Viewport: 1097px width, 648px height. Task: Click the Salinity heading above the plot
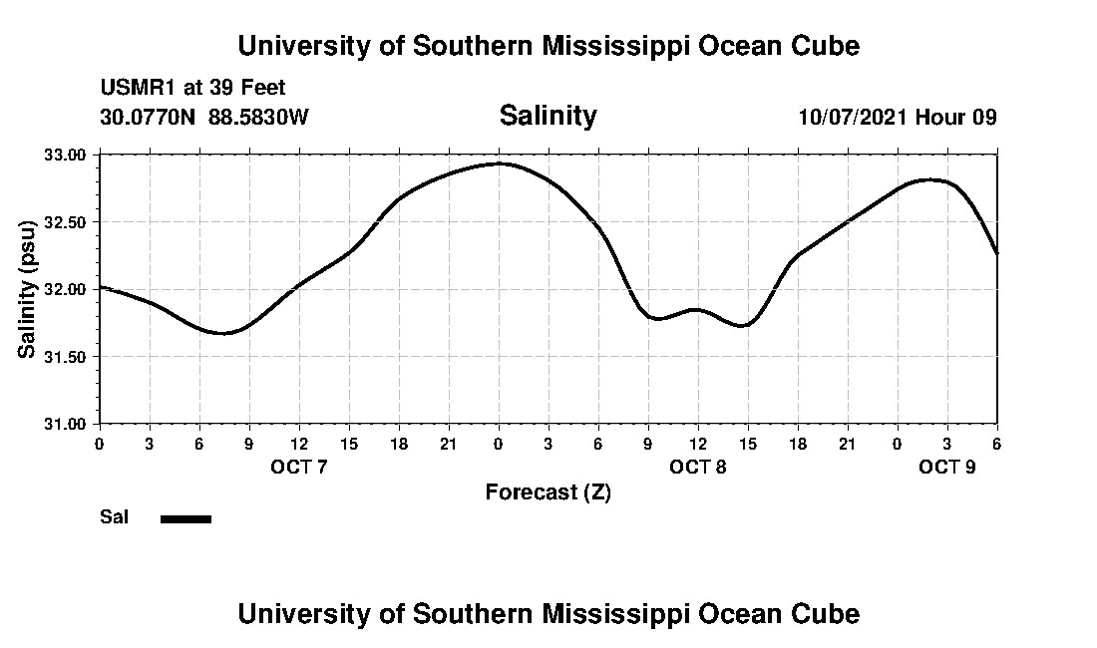(x=548, y=116)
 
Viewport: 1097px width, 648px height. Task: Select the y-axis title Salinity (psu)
(x=28, y=289)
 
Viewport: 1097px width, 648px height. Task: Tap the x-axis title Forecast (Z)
(x=548, y=491)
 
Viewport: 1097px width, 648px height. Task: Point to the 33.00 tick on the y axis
(x=66, y=155)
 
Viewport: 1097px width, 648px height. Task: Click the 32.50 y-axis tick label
(x=66, y=221)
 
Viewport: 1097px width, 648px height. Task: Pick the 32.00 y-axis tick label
(x=66, y=289)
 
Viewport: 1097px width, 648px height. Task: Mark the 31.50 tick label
(x=66, y=356)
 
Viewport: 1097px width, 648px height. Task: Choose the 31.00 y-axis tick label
(x=66, y=424)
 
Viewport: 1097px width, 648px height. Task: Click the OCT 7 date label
(x=299, y=467)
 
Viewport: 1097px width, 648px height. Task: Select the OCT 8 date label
(x=698, y=467)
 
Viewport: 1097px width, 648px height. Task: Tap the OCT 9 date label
(x=946, y=467)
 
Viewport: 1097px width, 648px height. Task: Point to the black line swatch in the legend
(x=185, y=518)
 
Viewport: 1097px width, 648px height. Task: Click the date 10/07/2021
(x=853, y=117)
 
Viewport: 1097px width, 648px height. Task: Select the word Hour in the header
(x=940, y=117)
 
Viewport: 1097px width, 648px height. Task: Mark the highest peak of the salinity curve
(x=499, y=163)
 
